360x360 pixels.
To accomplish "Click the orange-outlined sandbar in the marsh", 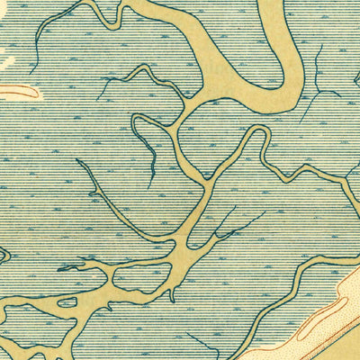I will [x=20, y=91].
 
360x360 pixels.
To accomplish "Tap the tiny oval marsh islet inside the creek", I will [x=67, y=302].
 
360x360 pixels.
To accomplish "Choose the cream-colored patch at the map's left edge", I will [x=4, y=58].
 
